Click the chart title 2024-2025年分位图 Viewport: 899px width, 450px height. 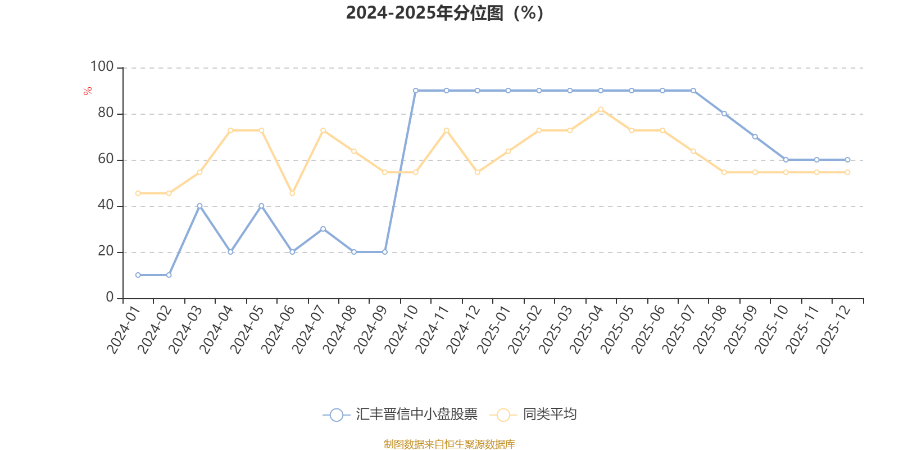(444, 13)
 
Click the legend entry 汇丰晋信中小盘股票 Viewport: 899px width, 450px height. (400, 415)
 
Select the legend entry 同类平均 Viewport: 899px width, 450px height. (534, 415)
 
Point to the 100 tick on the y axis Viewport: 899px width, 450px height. (102, 67)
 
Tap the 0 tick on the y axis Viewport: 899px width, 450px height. (110, 298)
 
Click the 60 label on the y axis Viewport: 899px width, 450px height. (106, 159)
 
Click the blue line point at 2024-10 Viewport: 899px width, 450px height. (416, 91)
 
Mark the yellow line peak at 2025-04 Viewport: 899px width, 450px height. (601, 110)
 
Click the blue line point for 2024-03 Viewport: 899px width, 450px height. (199, 206)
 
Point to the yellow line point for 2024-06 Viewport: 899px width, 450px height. (292, 193)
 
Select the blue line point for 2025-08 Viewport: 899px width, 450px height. (724, 114)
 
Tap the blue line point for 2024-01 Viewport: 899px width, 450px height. (138, 275)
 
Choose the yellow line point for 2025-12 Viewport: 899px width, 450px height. (847, 173)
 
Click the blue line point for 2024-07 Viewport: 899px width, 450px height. (323, 229)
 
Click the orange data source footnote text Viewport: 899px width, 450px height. (449, 444)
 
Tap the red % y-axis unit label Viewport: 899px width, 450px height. (87, 91)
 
